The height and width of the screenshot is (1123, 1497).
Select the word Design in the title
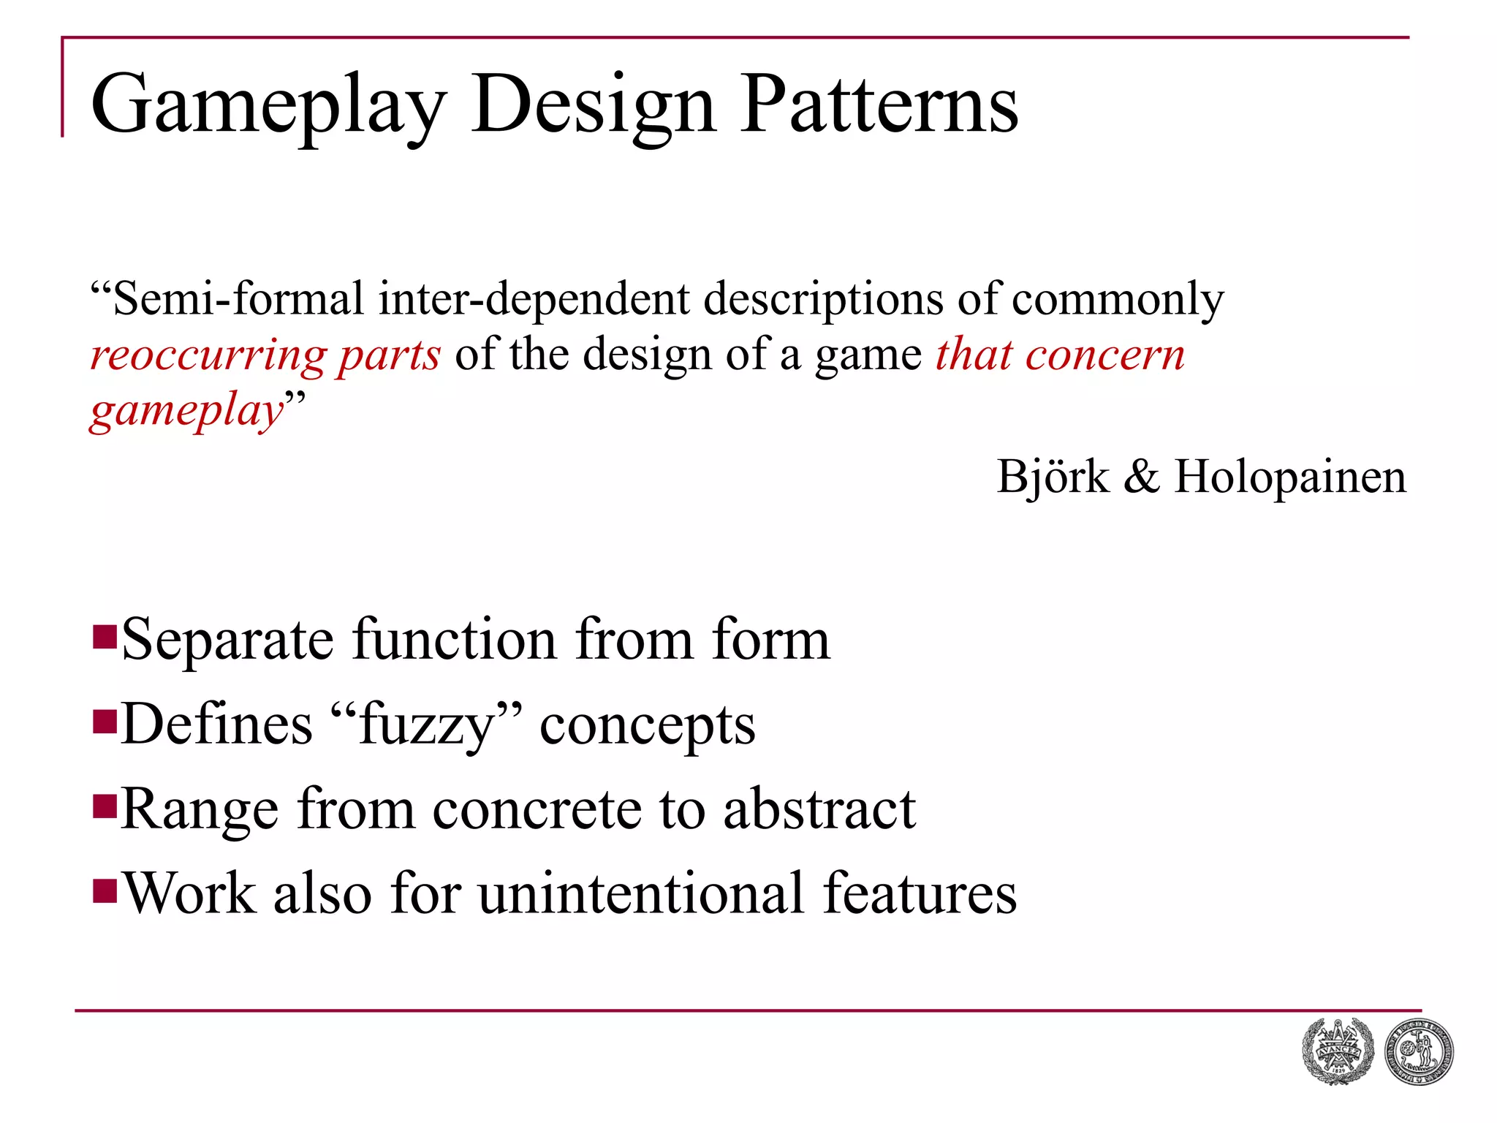593,106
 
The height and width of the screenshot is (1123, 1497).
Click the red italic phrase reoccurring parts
265,356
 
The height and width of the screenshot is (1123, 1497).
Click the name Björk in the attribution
1053,477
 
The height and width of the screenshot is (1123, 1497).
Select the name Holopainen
1290,477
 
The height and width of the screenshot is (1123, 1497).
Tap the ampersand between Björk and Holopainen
1141,477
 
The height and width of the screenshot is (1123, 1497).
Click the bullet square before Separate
105,637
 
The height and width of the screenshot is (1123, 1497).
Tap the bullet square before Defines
105,722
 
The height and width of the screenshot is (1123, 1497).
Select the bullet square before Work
105,891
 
